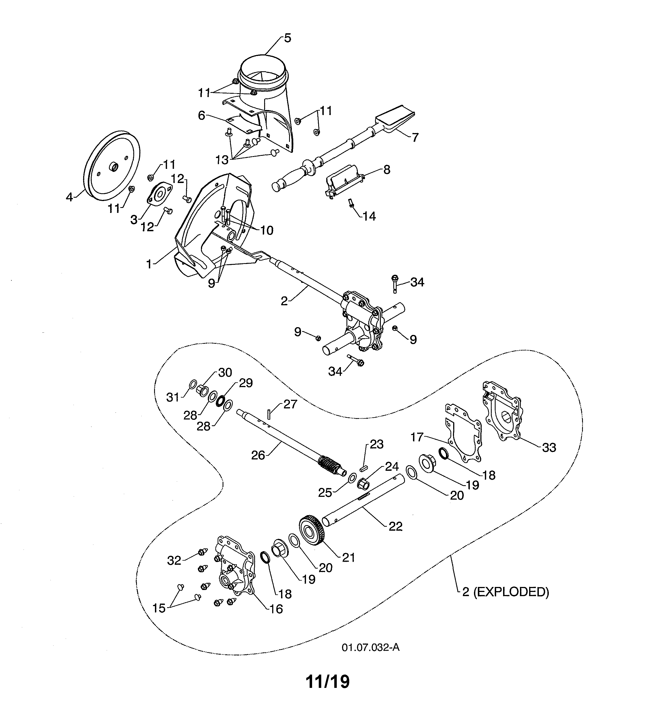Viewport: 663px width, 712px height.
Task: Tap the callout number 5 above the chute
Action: click(x=287, y=38)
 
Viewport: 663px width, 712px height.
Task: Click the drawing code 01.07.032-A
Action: click(x=370, y=647)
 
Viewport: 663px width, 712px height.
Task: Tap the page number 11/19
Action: click(x=327, y=682)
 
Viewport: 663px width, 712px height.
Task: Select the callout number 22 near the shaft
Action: click(x=395, y=526)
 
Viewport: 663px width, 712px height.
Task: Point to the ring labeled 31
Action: click(x=192, y=385)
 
